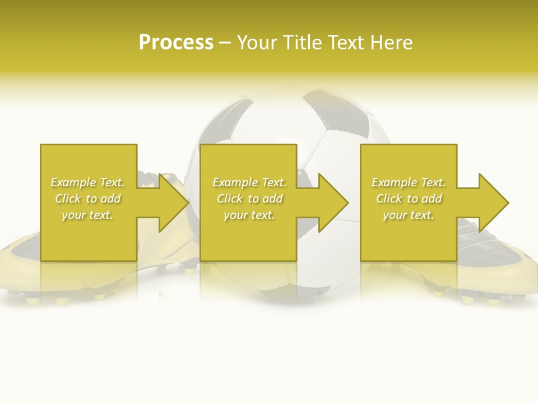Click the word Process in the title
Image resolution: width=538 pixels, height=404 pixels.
click(176, 42)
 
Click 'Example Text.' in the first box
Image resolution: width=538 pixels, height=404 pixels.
click(87, 182)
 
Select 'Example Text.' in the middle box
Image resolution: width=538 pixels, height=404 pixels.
click(249, 182)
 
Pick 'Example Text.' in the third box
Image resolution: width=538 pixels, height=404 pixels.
click(409, 182)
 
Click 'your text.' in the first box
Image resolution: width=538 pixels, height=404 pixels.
click(87, 215)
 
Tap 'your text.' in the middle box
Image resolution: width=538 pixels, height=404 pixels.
click(249, 215)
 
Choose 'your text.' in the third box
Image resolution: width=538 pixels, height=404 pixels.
click(409, 215)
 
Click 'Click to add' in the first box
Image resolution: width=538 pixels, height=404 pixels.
click(87, 199)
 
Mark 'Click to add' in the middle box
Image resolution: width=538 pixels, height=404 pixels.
click(249, 199)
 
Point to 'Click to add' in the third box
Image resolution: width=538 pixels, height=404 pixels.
click(409, 199)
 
